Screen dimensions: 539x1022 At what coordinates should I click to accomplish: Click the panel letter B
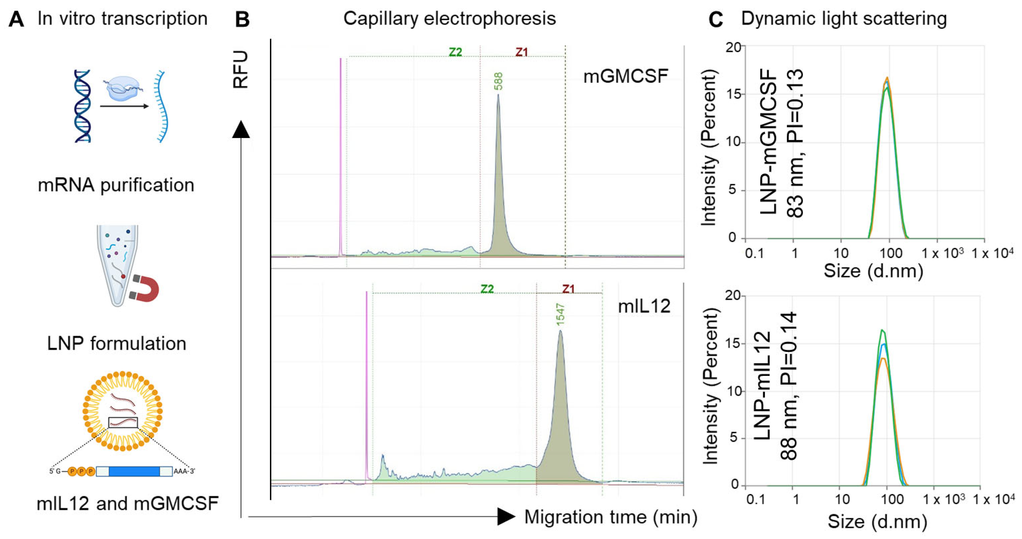[242, 19]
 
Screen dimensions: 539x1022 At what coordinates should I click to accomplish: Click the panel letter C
[715, 19]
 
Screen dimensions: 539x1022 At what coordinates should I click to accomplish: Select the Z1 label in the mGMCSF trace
[522, 52]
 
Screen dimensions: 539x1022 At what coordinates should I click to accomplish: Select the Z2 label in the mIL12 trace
[487, 289]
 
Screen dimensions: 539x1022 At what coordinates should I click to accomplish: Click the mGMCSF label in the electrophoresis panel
[626, 76]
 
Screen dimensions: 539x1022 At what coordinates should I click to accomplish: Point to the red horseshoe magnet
[145, 289]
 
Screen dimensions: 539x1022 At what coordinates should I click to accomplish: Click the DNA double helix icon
[83, 106]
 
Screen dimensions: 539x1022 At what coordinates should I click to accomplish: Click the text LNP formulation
[117, 343]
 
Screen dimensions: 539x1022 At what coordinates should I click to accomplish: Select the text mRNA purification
[116, 185]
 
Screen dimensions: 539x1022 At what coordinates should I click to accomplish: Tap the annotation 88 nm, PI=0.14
[788, 387]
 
